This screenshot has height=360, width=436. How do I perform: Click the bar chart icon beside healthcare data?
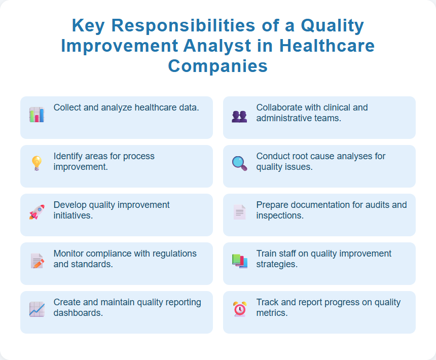click(37, 115)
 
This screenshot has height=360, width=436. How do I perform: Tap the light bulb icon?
click(37, 163)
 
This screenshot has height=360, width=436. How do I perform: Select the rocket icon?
click(37, 212)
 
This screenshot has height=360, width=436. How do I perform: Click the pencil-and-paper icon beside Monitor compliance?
click(37, 261)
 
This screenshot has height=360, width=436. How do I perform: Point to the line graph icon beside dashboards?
click(37, 309)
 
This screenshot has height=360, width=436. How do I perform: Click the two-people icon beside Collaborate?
click(239, 116)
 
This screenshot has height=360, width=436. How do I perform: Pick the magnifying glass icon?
click(239, 163)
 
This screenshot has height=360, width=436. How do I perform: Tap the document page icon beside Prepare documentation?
click(239, 212)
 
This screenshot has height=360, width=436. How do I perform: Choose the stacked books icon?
click(239, 261)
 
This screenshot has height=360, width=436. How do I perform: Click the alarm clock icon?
click(239, 309)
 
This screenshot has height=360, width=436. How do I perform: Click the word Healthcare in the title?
click(328, 46)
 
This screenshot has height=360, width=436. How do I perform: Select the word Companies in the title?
click(218, 66)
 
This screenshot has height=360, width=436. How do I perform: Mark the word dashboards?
click(78, 313)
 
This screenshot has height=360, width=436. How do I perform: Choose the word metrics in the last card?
click(272, 313)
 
